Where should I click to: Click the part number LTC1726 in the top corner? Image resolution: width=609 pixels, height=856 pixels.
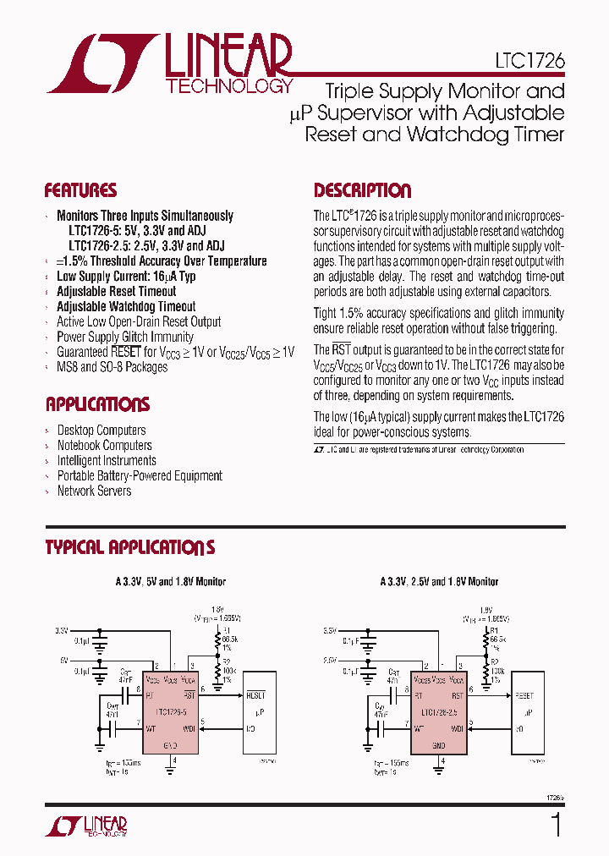(529, 62)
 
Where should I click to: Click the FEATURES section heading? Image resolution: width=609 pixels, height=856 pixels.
(80, 190)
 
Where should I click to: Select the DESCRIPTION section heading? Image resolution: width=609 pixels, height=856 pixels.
(362, 190)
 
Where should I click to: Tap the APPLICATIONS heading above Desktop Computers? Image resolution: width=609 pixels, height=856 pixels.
(97, 404)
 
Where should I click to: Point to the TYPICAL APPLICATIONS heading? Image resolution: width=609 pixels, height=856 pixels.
(129, 548)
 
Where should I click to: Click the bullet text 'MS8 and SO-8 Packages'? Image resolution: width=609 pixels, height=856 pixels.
(112, 367)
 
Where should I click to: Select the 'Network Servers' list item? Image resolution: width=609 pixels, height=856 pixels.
(94, 491)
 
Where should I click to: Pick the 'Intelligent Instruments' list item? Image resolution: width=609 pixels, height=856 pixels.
(106, 460)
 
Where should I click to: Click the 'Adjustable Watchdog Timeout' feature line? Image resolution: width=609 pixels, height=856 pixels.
(125, 306)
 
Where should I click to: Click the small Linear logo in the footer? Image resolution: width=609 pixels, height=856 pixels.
(85, 826)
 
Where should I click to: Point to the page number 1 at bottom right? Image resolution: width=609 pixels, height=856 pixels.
(556, 825)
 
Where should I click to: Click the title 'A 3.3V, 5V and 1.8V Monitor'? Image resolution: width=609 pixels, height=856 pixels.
(171, 581)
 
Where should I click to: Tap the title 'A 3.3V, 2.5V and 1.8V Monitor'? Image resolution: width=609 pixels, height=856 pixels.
(439, 581)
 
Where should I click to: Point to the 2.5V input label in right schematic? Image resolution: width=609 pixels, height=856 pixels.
(329, 660)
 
